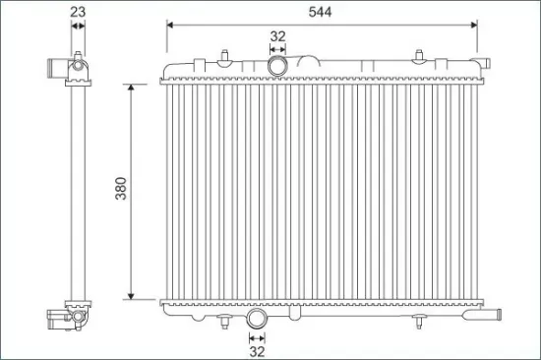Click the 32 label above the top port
(277, 36)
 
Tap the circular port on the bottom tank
(256, 320)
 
